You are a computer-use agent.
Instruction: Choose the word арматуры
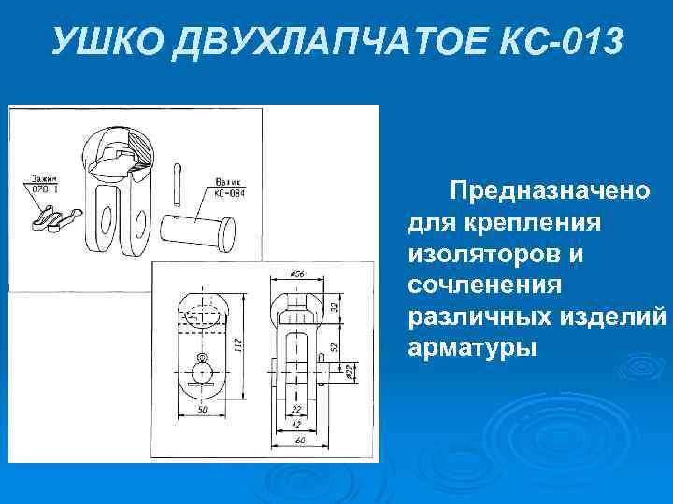[472, 347]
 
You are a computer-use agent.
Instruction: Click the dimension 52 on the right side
[335, 345]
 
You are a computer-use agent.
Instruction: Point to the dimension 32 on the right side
[335, 306]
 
